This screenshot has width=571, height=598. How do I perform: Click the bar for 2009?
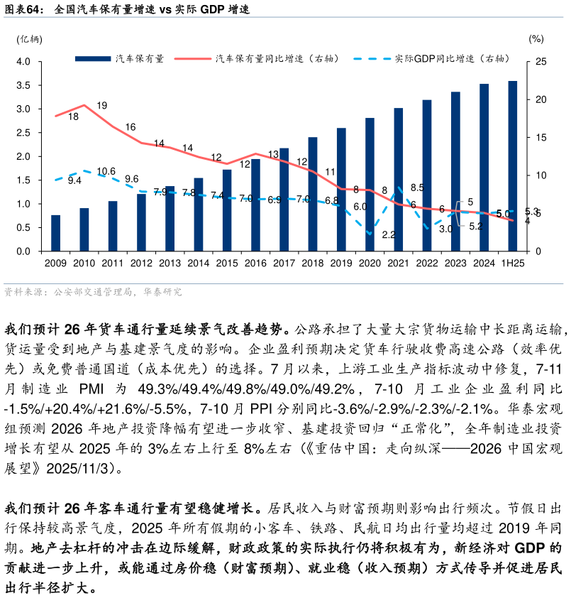55,233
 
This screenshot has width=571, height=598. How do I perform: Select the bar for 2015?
227,210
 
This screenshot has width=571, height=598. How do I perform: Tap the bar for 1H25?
512,166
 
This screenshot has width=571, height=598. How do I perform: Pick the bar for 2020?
370,185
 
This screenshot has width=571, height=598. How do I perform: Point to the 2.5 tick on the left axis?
23,133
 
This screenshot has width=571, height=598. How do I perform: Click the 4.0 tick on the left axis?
23,62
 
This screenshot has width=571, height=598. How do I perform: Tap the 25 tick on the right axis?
540,62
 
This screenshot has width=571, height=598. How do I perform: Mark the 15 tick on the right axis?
540,138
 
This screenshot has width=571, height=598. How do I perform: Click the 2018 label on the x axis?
312,263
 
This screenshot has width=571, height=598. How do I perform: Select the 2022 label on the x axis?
427,263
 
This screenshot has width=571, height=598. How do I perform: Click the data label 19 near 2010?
101,106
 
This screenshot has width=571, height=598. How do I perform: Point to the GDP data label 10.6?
106,171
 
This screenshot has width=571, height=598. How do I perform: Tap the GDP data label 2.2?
388,234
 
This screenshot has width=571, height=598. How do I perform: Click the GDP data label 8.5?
417,187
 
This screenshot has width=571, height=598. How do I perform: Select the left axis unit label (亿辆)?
29,39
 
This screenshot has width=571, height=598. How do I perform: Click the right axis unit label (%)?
536,39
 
